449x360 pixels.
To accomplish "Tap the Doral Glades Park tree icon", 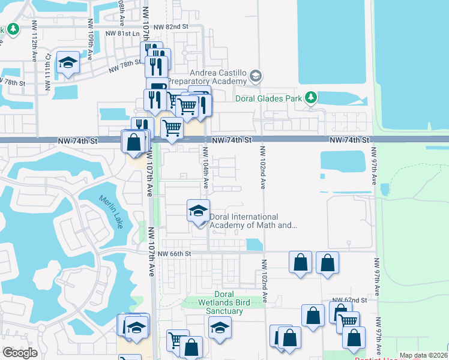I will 310,97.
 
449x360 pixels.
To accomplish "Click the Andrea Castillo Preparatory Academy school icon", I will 256,76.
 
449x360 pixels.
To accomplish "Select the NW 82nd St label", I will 170,28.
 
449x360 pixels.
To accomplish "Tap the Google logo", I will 20,353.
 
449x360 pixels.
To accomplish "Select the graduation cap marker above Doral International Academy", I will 198,211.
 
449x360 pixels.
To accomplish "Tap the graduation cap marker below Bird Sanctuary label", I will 220,328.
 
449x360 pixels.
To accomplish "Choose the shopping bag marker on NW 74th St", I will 133,142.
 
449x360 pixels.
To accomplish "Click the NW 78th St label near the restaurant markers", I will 124,68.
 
